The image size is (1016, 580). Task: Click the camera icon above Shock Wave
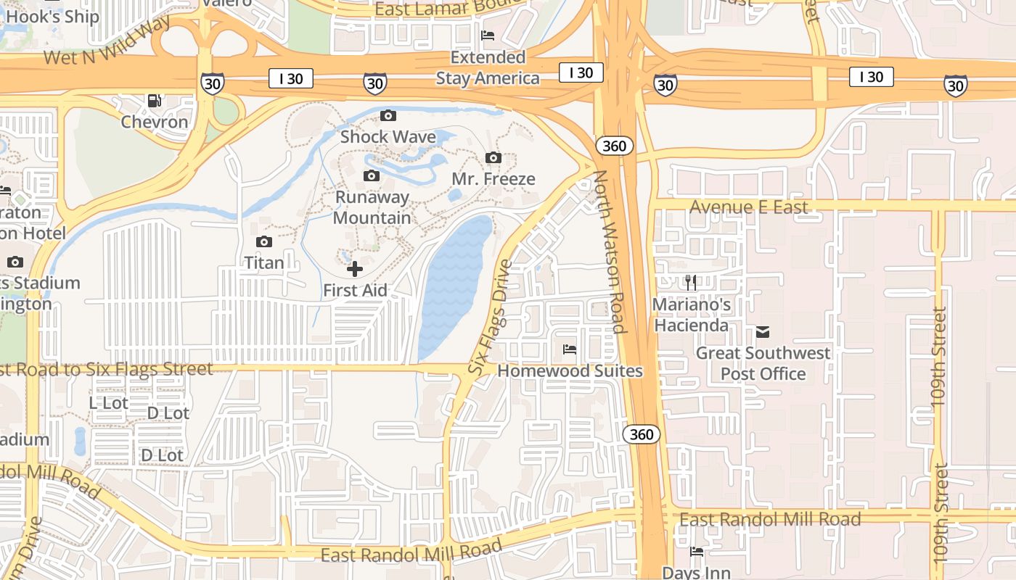[x=388, y=115]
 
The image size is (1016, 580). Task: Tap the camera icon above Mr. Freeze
[x=493, y=157]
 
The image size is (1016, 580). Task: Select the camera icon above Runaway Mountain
[x=371, y=175]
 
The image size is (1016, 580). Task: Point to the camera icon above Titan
[x=263, y=241]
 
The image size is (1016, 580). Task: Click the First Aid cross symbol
[x=355, y=270]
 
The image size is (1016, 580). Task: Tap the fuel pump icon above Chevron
[x=154, y=101]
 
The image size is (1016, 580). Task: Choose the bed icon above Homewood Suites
[x=570, y=349]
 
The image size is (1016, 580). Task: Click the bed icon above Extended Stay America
[x=488, y=36]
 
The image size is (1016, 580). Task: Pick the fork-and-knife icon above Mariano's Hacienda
[x=691, y=283]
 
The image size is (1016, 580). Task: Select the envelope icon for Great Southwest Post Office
[x=762, y=332]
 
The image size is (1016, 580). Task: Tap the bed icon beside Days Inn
[x=697, y=552]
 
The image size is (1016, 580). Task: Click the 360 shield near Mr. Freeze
[x=615, y=146]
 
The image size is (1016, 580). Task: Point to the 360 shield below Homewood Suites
[x=642, y=434]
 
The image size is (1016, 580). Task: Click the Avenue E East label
[x=748, y=207]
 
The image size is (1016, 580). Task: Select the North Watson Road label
[x=608, y=252]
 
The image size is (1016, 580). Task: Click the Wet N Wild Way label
[x=107, y=40]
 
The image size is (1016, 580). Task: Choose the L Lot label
[x=108, y=402]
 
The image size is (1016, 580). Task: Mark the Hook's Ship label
[x=52, y=16]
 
